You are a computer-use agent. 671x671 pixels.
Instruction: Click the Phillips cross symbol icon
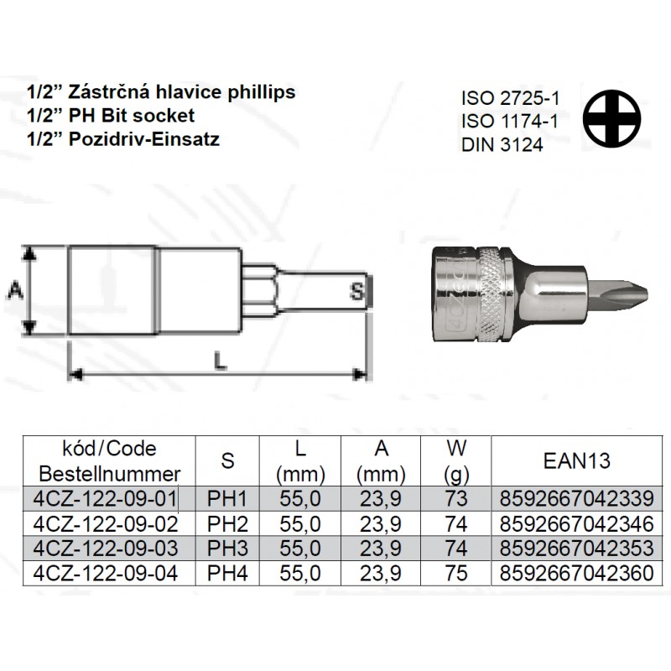[612, 118]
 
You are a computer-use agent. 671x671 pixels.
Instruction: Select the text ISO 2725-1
[510, 98]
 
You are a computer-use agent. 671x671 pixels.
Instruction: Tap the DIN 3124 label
[502, 144]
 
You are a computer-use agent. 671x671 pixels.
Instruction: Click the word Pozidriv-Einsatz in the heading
[144, 139]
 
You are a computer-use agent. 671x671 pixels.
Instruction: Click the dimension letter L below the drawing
[220, 362]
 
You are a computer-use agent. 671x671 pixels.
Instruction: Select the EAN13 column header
[576, 460]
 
